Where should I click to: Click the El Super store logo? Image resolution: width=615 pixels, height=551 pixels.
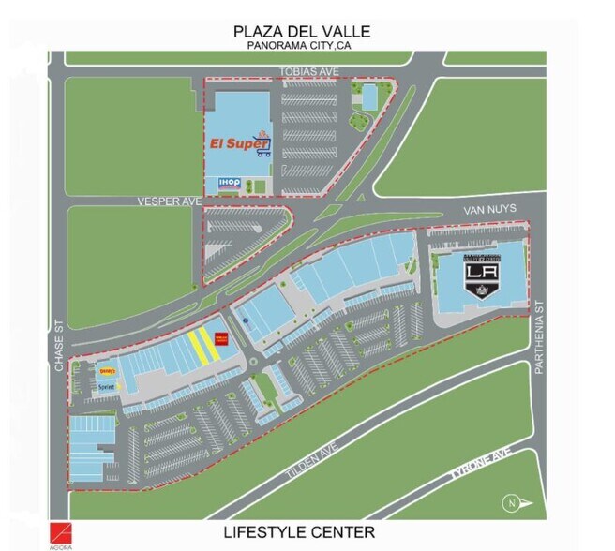[238, 145]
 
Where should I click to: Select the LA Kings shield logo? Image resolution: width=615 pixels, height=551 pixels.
[480, 276]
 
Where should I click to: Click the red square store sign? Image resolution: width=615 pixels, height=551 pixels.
[222, 340]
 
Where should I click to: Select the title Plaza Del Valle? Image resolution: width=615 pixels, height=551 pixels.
[302, 31]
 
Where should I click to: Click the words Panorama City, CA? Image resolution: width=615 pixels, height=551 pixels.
[302, 45]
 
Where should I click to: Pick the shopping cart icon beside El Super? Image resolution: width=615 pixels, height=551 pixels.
[264, 144]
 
